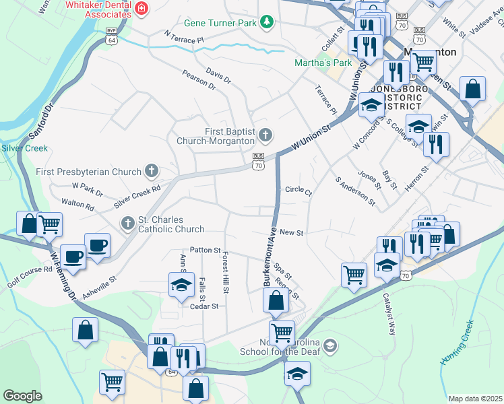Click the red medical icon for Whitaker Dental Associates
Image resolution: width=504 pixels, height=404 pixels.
pos(141,9)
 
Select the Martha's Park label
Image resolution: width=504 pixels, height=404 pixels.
pos(323,63)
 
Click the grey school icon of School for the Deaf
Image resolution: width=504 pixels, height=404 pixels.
pos(329,346)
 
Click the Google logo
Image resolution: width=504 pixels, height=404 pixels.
pos(22,396)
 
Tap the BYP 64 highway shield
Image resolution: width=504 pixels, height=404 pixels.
pos(112,35)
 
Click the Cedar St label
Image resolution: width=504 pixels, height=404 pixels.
pos(204,306)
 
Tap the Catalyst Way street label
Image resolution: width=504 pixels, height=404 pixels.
pos(389,314)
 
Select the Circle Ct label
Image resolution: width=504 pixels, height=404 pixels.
pos(298,191)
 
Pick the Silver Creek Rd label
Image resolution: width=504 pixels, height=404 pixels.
pos(137,196)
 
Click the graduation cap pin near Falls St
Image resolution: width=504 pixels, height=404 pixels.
pos(181,285)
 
